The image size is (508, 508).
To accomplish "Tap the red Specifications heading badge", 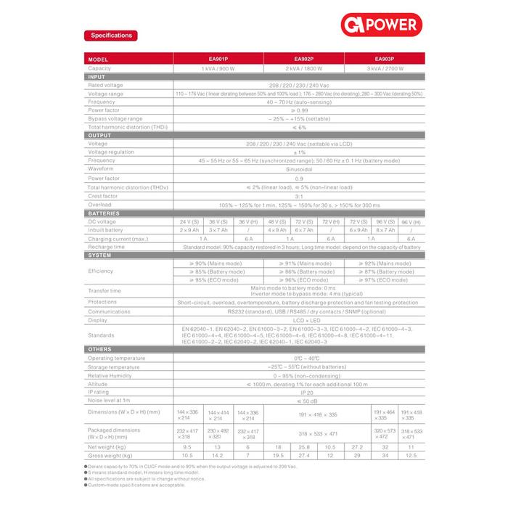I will pos(111,35).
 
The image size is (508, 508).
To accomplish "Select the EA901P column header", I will pos(217,60).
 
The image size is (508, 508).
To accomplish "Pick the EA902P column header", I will pos(303,60).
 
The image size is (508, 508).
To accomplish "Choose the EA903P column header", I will pos(385,60).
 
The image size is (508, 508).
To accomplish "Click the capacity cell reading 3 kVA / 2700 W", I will pos(385,67).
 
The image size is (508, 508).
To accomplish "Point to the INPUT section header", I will pos(97,76).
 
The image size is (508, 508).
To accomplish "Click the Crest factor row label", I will pos(104,195).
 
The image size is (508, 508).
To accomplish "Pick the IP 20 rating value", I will pos(298,391).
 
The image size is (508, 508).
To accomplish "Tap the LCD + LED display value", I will pos(298,319).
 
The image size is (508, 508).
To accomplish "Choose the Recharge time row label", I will pos(106,247).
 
